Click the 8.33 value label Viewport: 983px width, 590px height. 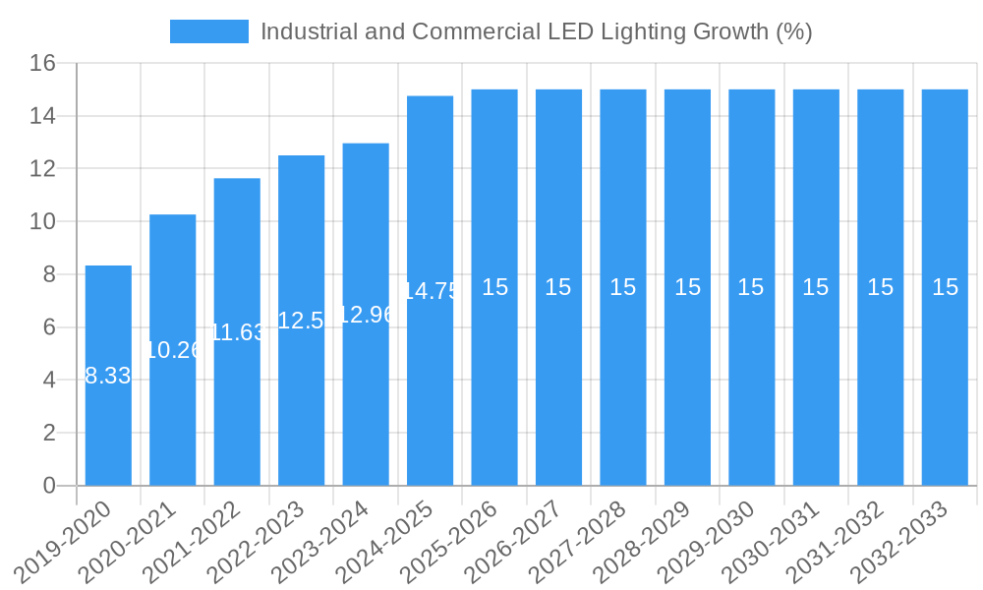point(108,376)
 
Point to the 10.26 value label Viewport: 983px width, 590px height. point(173,350)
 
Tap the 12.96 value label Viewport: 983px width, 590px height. point(366,315)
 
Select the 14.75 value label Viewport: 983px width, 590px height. point(431,291)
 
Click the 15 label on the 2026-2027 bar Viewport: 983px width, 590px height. point(558,287)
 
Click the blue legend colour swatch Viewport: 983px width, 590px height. point(208,31)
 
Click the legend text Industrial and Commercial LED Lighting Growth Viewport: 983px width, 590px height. point(536,31)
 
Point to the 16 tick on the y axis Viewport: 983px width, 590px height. point(42,64)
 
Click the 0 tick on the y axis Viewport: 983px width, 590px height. point(49,486)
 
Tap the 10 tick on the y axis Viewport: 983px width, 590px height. point(42,222)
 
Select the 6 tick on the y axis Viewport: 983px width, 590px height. point(49,327)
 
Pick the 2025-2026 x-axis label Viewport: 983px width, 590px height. point(451,541)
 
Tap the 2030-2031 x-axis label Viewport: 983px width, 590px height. point(773,541)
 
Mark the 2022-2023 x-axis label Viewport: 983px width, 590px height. point(259,541)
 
